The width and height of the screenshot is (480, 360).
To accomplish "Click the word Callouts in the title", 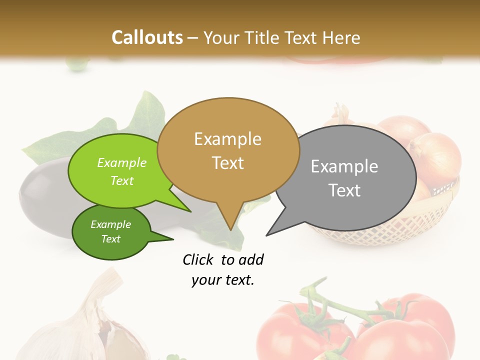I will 147,37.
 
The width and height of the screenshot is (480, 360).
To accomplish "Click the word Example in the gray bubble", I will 344,166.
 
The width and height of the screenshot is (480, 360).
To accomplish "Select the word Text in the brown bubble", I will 228,163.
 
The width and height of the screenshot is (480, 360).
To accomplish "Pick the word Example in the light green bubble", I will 122,163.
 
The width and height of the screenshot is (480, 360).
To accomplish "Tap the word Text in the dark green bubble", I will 111,239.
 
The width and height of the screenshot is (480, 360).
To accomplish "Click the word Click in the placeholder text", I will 198,259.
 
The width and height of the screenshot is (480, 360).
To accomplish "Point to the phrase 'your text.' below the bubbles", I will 223,280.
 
